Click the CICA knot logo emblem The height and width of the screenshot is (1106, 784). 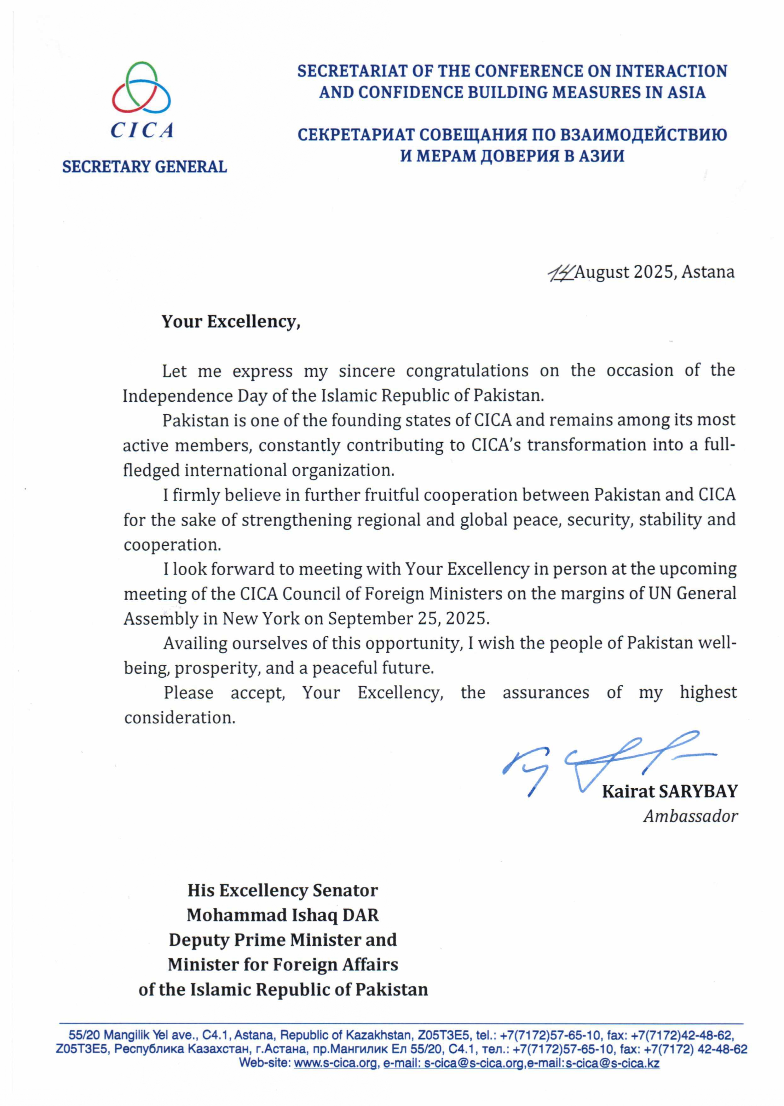click(141, 88)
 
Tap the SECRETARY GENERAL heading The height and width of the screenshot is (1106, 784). click(144, 167)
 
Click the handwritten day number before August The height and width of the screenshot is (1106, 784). click(561, 273)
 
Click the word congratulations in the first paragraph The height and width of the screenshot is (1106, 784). click(467, 371)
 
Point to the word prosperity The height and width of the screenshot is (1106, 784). click(216, 668)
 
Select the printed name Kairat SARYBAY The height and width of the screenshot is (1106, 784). click(670, 791)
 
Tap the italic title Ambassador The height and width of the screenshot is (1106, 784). click(690, 817)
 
